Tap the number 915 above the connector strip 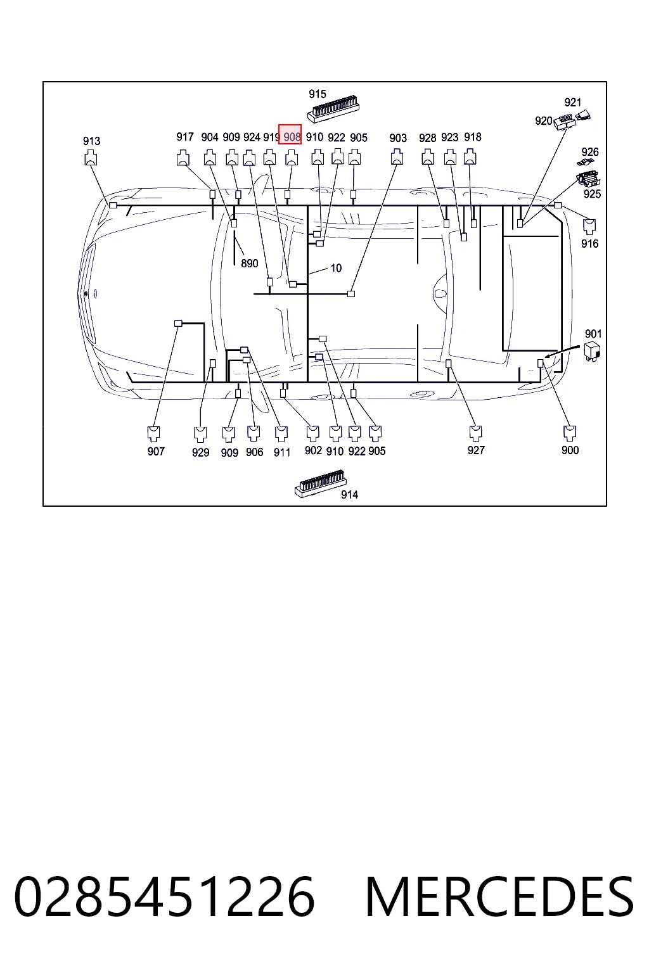coord(318,94)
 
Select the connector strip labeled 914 coord(320,483)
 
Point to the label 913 coord(92,141)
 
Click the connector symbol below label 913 coord(91,158)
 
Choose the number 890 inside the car coord(250,264)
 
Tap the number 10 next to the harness coord(336,268)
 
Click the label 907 coord(156,451)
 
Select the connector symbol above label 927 coord(476,433)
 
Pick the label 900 coord(570,450)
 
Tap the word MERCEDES coord(499,896)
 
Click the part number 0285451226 coord(164,896)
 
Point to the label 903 coord(398,138)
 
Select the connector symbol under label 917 coord(183,158)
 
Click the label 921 coord(572,103)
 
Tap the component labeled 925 coord(588,178)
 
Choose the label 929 coord(200,453)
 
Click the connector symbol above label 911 coord(281,433)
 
